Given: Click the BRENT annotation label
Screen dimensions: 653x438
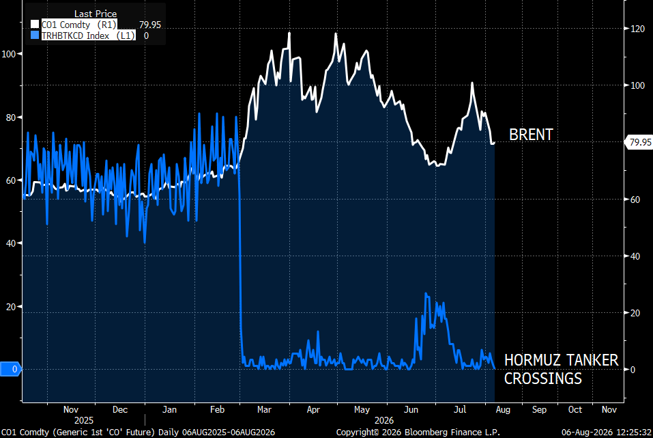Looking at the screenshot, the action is coord(531,135).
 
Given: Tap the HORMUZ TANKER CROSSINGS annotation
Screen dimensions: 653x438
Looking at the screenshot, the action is coord(561,369).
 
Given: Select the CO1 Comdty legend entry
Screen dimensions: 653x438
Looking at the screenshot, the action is coord(78,25).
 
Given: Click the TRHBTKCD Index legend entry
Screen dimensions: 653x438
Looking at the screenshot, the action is coord(88,36).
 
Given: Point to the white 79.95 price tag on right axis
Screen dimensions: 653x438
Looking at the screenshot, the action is coord(639,142).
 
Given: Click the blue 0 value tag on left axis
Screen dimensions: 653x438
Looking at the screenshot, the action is coord(10,369).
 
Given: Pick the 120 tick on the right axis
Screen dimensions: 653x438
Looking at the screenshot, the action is coord(637,29).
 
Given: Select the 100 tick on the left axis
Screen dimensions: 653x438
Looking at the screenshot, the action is coord(9,54).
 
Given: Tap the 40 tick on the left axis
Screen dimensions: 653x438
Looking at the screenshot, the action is coord(11,243).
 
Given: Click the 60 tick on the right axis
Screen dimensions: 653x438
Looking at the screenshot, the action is coord(635,200).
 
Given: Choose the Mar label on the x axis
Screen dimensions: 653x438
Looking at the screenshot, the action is coord(265,409).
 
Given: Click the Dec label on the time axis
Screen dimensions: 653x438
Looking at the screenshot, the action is coord(120,409).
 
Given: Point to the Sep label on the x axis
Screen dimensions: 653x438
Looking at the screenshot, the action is coord(539,409).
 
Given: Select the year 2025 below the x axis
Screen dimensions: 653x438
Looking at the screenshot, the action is coord(84,420).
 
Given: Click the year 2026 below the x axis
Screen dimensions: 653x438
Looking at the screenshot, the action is coord(384,420).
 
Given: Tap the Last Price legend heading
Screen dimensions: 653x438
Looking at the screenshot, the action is coord(96,14).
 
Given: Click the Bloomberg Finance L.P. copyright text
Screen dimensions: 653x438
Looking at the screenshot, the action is coord(418,432).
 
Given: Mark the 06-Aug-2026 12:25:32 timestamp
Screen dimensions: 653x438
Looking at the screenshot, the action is coord(607,432).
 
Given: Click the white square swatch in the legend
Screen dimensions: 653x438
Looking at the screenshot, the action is coord(35,25).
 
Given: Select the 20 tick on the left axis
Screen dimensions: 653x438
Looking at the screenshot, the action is coord(11,307).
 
